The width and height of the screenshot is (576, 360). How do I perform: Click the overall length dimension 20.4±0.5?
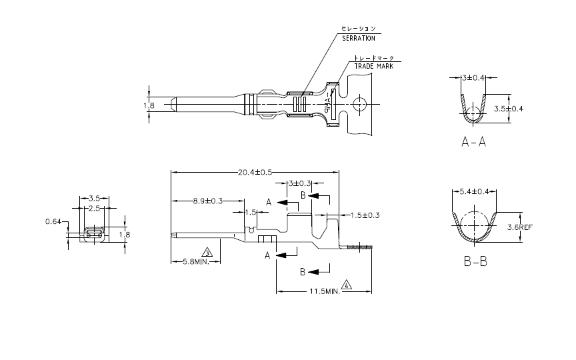[x=255, y=173]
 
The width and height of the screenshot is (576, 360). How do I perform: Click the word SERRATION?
[x=359, y=39]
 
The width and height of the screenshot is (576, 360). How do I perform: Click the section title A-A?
[x=473, y=142]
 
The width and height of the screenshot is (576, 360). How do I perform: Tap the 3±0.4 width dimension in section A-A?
[x=473, y=79]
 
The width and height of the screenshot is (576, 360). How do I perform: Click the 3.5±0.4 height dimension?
[x=508, y=107]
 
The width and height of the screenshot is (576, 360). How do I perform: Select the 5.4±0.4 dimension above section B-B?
[x=475, y=192]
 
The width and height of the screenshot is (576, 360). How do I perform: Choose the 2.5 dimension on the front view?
[x=94, y=209]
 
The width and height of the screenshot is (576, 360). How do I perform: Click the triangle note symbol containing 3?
[x=207, y=253]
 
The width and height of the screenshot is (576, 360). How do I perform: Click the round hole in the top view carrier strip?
[x=360, y=104]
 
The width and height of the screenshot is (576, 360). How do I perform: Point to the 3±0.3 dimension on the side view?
[x=301, y=183]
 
